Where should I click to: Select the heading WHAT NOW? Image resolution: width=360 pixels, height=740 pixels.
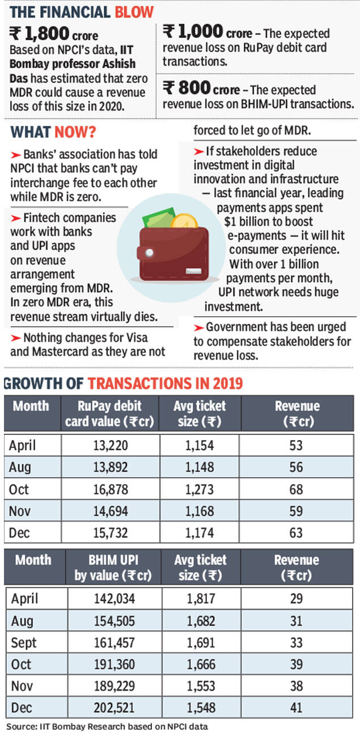(53, 133)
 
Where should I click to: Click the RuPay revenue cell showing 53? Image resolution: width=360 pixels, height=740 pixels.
(297, 445)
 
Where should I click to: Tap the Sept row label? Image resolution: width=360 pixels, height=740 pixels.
(24, 642)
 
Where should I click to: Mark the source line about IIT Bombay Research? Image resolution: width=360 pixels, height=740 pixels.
(107, 726)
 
